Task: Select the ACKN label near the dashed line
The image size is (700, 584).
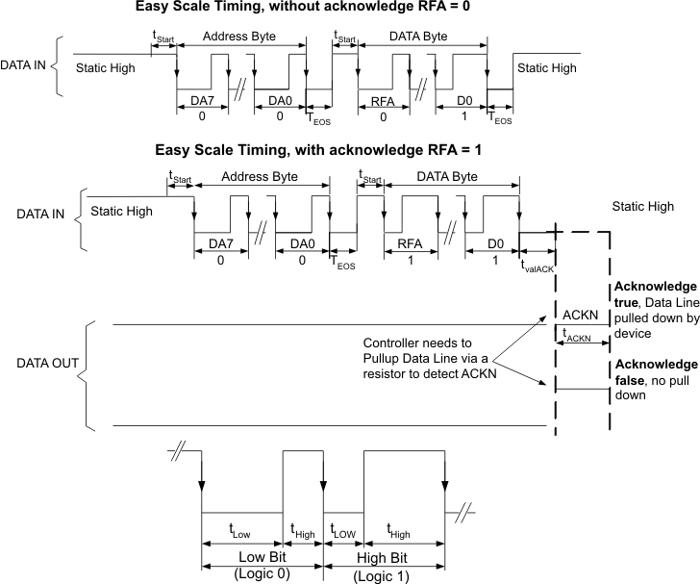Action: [x=581, y=315]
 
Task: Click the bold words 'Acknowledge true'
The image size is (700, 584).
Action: [x=653, y=296]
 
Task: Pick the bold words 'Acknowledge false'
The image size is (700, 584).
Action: [x=653, y=373]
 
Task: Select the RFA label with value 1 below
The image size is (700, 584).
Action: [x=411, y=245]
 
